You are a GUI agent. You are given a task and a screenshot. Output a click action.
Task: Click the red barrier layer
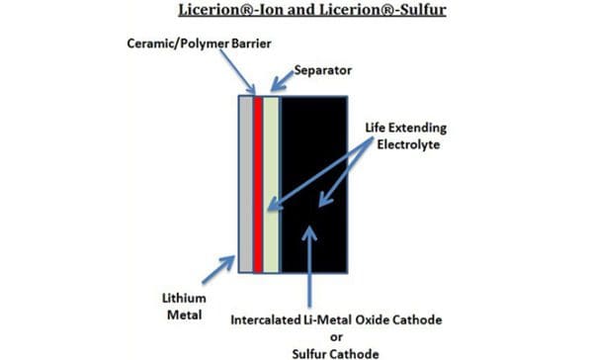pos(258,183)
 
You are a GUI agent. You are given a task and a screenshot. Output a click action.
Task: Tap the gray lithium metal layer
pos(246,183)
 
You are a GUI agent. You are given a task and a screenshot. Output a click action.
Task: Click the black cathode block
pos(314,183)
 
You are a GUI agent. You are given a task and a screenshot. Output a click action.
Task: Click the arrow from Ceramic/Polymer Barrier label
pos(238,74)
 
